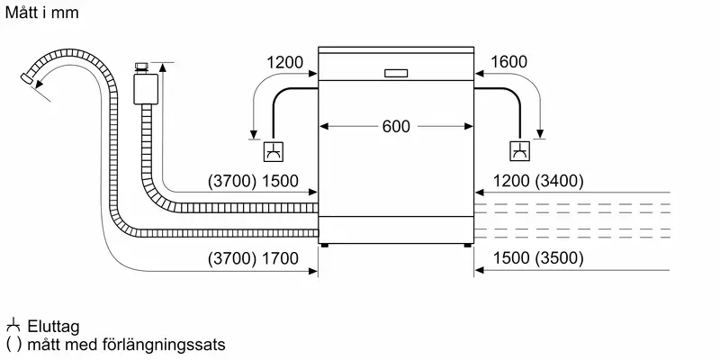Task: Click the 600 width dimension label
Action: click(x=396, y=127)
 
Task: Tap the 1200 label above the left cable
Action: click(x=286, y=63)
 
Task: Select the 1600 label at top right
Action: click(x=509, y=63)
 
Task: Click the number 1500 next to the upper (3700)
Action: click(x=280, y=181)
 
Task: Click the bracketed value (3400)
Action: click(x=560, y=181)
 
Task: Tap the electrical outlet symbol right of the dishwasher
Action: click(x=521, y=153)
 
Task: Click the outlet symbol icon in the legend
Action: click(x=13, y=327)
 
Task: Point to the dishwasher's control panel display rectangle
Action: click(x=396, y=74)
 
